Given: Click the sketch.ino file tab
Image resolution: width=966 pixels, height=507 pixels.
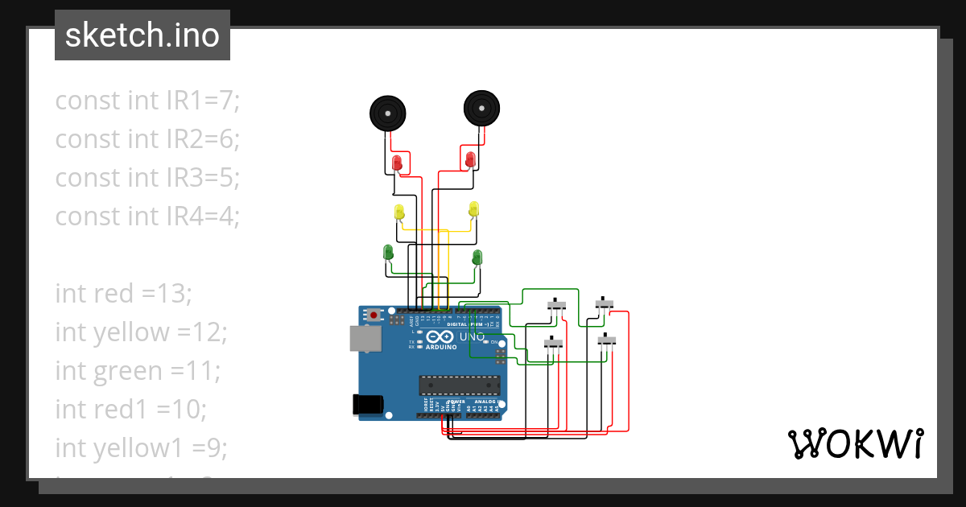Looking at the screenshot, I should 142,35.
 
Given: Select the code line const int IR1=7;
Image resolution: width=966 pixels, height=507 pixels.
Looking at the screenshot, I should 147,101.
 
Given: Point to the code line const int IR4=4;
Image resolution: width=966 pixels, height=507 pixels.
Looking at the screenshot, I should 147,216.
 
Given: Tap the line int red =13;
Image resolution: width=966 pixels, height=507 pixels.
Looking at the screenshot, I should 123,294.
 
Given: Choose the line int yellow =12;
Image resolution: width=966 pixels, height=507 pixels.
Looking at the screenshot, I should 142,332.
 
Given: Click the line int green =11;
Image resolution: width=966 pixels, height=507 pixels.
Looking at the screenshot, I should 137,370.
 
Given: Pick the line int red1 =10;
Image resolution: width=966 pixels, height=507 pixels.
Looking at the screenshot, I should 130,409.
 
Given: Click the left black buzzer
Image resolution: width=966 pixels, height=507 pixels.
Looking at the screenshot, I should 387,113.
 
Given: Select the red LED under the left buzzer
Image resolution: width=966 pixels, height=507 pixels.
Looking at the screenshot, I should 397,163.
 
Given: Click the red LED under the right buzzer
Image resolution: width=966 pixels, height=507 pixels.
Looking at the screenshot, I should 469,159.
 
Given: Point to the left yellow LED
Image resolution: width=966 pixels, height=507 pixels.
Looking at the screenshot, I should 399,212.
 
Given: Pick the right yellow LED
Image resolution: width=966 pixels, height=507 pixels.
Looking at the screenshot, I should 473,209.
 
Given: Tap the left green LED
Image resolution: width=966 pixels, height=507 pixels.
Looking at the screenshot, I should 389,253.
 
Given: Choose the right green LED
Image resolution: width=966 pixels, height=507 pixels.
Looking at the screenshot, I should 477,258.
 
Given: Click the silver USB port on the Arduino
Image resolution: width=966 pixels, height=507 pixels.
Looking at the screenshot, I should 365,339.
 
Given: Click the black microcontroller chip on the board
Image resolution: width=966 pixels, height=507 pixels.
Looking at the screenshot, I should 458,385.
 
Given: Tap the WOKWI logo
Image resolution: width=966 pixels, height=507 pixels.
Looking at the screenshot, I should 854,443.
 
